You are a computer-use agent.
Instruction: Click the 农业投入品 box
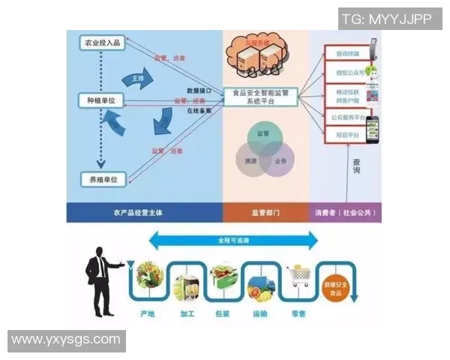point(100,43)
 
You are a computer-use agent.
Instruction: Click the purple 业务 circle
point(277,160)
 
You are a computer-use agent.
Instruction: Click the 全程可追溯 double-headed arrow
point(232,240)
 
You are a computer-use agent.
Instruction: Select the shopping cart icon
point(298,279)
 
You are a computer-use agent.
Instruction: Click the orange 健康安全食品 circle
point(335,286)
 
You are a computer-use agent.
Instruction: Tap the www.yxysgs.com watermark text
point(66,340)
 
